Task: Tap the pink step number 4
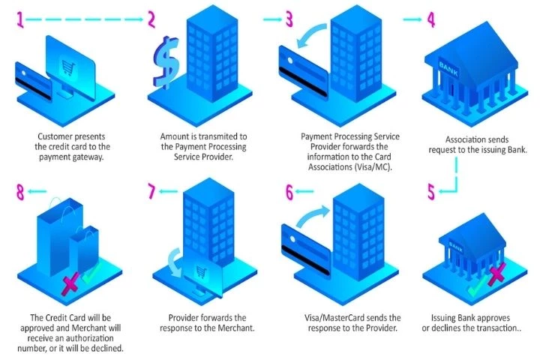430,19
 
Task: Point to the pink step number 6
289,193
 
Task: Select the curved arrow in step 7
177,262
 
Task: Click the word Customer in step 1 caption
57,137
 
